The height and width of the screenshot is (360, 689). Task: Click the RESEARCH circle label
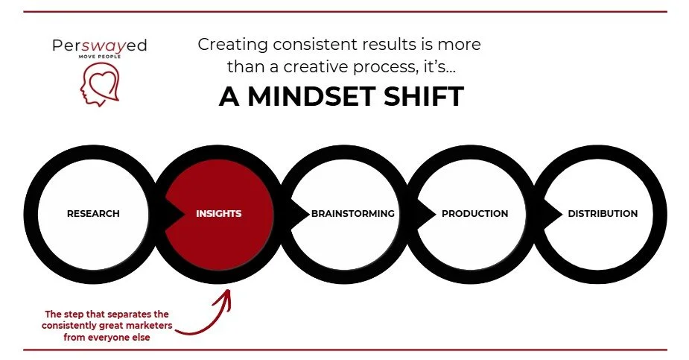[x=93, y=214]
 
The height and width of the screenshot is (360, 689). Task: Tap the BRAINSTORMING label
[x=353, y=214]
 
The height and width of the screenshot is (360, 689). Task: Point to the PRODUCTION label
[x=474, y=214]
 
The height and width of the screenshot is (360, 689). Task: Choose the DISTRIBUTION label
[x=603, y=214]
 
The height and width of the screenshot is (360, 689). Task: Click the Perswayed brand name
[x=99, y=46]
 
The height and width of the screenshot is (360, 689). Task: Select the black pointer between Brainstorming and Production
[x=428, y=214]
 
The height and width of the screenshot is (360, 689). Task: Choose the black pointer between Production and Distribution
[x=555, y=214]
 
